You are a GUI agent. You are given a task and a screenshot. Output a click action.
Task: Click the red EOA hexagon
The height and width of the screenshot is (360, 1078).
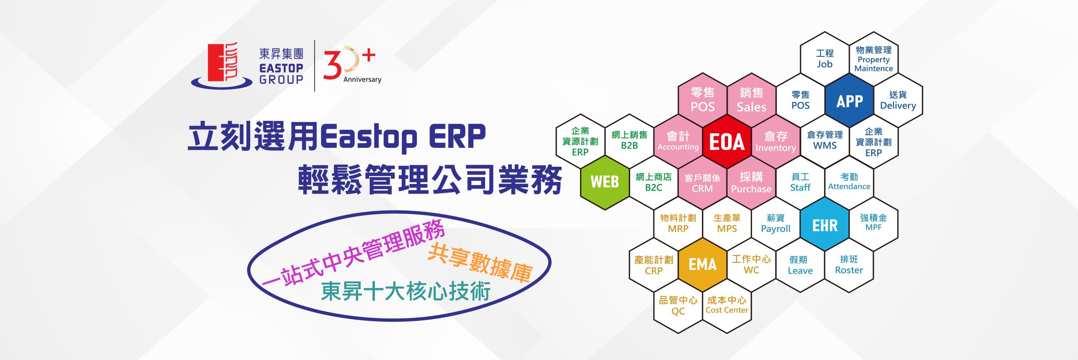[727, 141]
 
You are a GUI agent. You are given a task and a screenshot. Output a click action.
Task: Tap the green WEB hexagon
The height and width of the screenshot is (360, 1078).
[605, 182]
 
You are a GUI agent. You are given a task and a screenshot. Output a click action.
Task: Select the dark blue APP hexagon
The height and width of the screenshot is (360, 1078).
[849, 101]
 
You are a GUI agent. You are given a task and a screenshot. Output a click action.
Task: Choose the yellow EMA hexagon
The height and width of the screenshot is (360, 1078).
[702, 265]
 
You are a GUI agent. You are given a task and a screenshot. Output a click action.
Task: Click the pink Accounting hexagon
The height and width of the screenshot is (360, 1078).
[678, 141]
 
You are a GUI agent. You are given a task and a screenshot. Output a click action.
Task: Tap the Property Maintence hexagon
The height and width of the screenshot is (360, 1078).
[874, 59]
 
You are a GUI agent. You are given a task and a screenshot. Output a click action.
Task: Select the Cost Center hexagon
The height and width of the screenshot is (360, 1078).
[727, 306]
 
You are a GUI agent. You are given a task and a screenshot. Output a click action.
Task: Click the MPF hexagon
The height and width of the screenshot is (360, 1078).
[873, 223]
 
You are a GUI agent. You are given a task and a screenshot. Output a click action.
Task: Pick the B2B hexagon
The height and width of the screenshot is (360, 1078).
[629, 141]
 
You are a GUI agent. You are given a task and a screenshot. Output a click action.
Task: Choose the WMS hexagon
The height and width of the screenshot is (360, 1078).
[825, 141]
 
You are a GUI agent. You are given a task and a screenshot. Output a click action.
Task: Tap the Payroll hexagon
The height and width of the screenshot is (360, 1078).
[776, 224]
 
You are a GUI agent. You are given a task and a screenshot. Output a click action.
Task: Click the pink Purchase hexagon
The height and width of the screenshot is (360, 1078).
[751, 182]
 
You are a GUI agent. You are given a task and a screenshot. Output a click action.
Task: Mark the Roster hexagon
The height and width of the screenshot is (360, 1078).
[849, 265]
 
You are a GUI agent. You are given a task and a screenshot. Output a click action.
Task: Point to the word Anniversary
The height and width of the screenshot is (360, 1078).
[362, 79]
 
